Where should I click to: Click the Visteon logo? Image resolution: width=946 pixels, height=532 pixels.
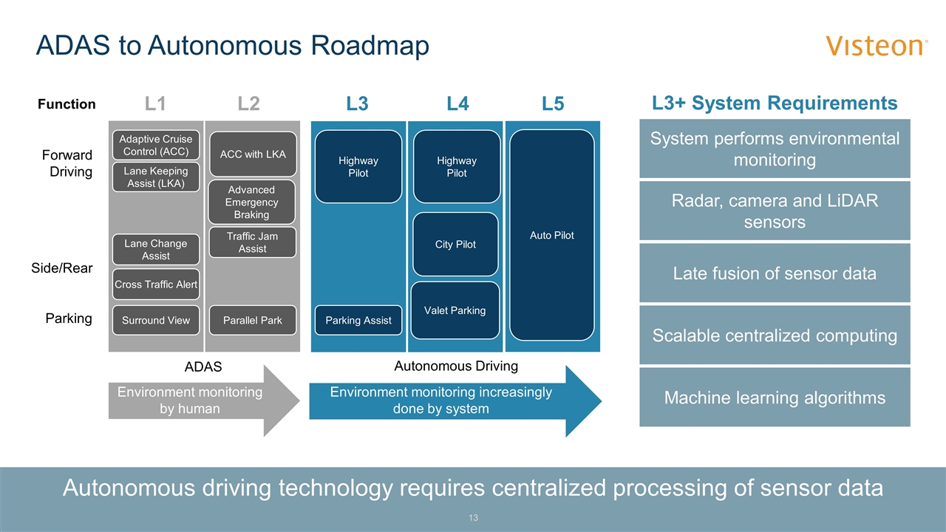pos(877,46)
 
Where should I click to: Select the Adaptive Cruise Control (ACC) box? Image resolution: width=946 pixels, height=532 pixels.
pos(156,146)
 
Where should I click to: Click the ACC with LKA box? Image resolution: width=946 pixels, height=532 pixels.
pos(253,154)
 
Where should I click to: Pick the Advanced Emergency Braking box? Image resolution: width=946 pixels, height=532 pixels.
pos(252,202)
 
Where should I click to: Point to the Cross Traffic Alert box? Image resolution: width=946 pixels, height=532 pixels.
pos(156,284)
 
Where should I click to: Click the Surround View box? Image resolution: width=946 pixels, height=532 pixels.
pos(156,321)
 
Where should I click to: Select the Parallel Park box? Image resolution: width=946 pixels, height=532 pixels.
pos(252,321)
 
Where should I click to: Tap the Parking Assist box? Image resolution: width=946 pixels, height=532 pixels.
pos(358,321)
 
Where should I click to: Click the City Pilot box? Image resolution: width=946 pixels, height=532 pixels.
pos(455,245)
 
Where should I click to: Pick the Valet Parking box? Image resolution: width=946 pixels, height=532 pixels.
pos(455,310)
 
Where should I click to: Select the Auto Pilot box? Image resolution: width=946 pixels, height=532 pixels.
pos(552,235)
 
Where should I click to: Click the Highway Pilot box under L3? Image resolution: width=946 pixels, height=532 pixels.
pos(358,167)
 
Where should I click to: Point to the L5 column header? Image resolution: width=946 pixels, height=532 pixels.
pos(552,104)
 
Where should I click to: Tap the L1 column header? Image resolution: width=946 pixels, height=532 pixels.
pos(155,104)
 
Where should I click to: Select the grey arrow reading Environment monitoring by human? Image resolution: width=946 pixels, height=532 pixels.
pos(191,400)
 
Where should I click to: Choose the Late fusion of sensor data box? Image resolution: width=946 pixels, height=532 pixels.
pos(775,273)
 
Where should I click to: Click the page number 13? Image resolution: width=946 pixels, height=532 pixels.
pos(473,518)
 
